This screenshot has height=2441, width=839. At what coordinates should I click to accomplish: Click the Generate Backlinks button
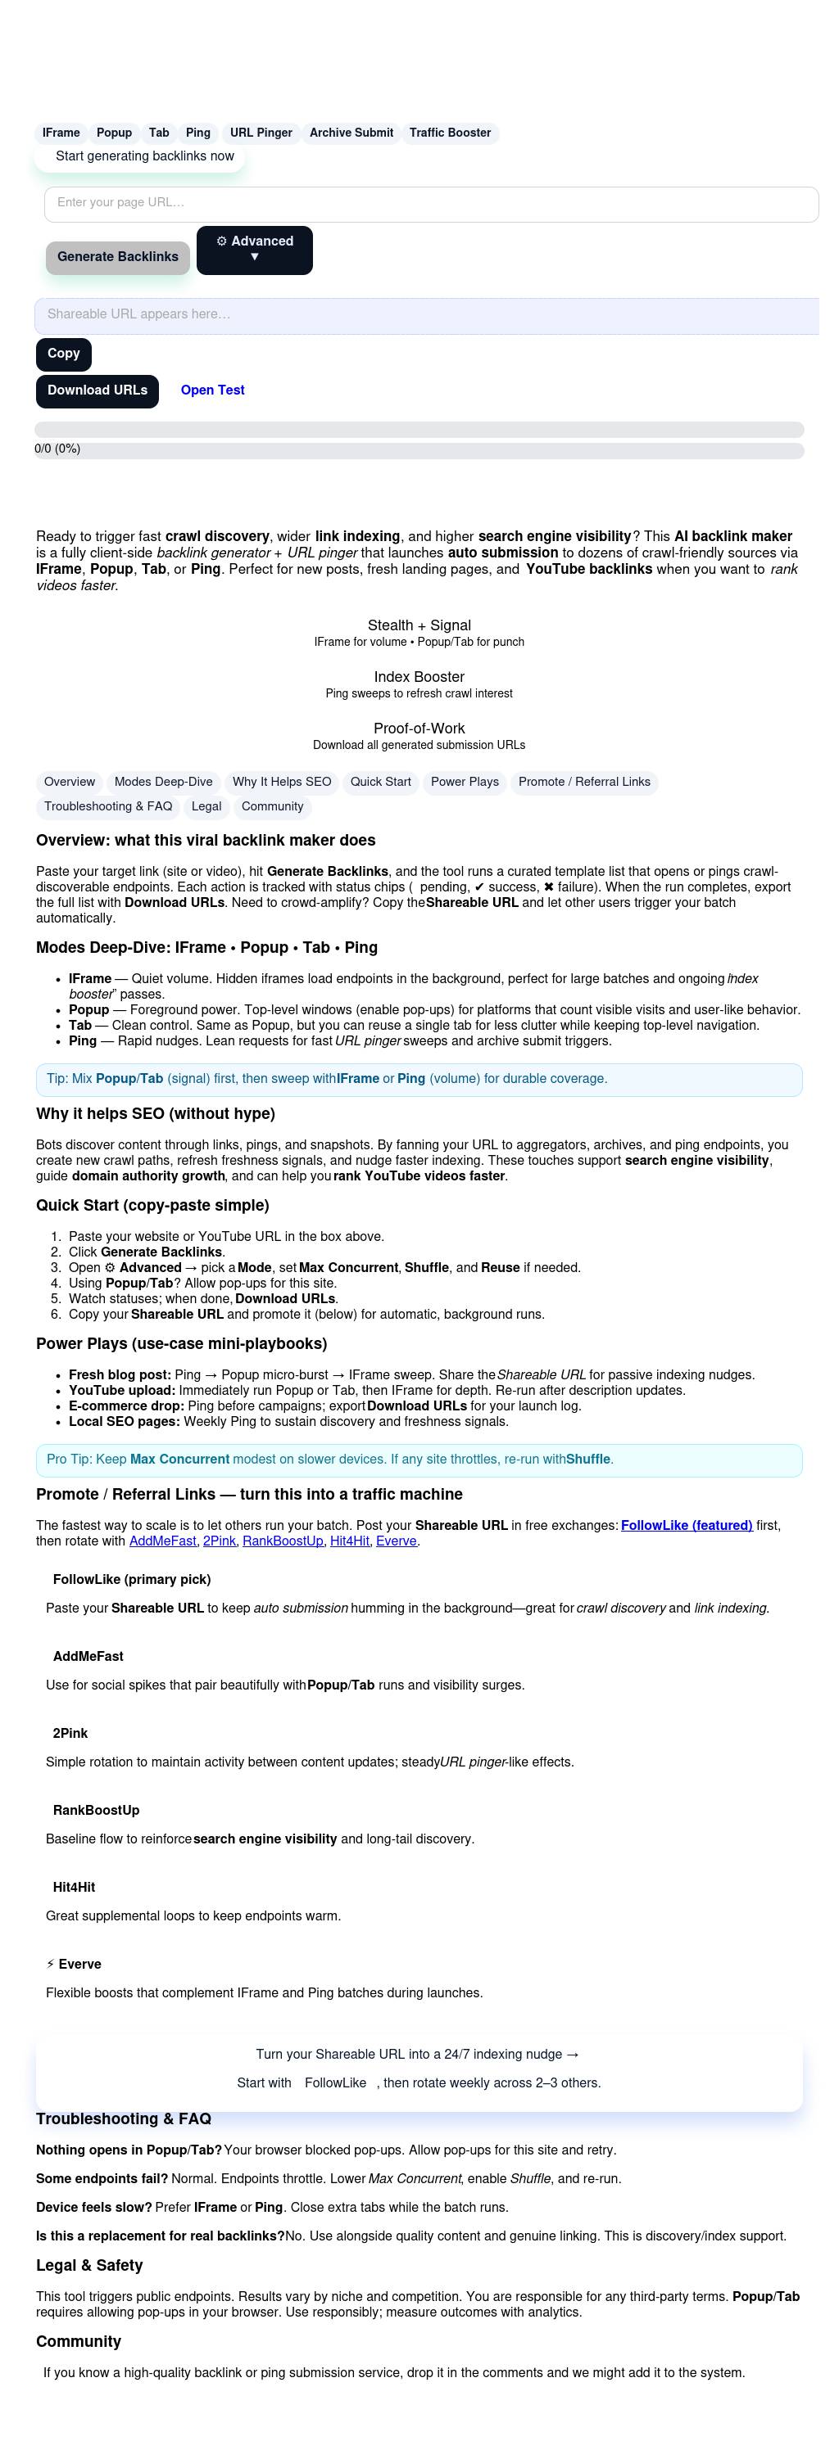(x=117, y=257)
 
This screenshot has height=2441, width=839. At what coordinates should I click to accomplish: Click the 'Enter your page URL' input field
(x=430, y=204)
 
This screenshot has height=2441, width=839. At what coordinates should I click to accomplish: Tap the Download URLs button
(x=97, y=390)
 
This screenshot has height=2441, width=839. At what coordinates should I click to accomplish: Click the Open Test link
(x=212, y=390)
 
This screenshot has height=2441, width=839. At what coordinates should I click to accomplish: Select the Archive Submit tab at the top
(x=351, y=133)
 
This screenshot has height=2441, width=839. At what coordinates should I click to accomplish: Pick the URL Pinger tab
(x=261, y=133)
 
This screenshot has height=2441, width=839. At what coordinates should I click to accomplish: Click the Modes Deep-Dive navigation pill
(x=163, y=782)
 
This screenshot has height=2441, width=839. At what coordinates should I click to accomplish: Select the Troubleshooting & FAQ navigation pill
(x=108, y=806)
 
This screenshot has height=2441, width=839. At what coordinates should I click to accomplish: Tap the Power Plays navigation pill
(x=465, y=782)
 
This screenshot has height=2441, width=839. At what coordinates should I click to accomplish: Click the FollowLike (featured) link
(x=687, y=1525)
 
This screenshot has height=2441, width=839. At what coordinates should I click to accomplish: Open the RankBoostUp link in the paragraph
(x=283, y=1541)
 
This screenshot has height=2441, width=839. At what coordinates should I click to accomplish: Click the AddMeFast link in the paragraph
(x=162, y=1541)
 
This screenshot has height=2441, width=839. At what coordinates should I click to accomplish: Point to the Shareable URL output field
(x=427, y=314)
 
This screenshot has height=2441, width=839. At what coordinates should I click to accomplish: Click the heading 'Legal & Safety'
(x=89, y=2265)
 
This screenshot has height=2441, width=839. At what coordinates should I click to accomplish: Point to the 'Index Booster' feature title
(x=419, y=677)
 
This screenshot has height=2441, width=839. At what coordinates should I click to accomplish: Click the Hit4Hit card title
(x=74, y=1887)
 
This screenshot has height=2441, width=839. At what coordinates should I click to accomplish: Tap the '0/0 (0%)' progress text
(x=58, y=449)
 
